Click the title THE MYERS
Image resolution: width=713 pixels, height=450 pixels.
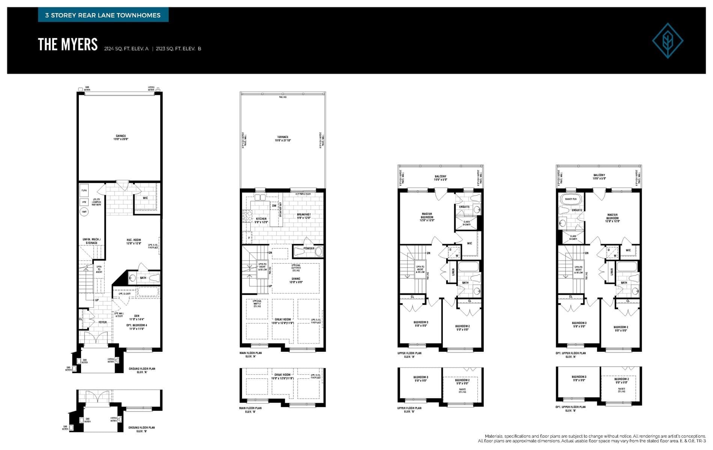[x=68, y=45]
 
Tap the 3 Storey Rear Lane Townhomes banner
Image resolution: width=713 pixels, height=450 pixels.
[x=103, y=15]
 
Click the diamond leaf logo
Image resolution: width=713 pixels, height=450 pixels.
[x=667, y=40]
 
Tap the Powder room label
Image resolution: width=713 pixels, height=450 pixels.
[x=308, y=248]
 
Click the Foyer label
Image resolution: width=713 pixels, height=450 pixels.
[x=102, y=322]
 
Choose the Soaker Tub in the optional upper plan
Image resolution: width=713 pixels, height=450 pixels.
[x=570, y=199]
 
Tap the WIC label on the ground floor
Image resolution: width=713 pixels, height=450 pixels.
[x=145, y=198]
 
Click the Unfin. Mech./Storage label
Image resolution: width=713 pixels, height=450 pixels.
[x=92, y=241]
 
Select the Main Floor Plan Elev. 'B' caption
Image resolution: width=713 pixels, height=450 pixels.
[x=250, y=410]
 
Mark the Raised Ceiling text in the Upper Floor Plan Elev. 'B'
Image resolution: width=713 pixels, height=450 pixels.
[x=462, y=390]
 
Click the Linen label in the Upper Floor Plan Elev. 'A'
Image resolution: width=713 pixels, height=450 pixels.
[x=453, y=272]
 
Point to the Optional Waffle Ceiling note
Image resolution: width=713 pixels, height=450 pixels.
[x=257, y=303]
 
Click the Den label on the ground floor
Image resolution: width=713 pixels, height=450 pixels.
[x=137, y=316]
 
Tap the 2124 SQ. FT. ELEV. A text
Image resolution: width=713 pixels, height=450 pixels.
[x=126, y=49]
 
